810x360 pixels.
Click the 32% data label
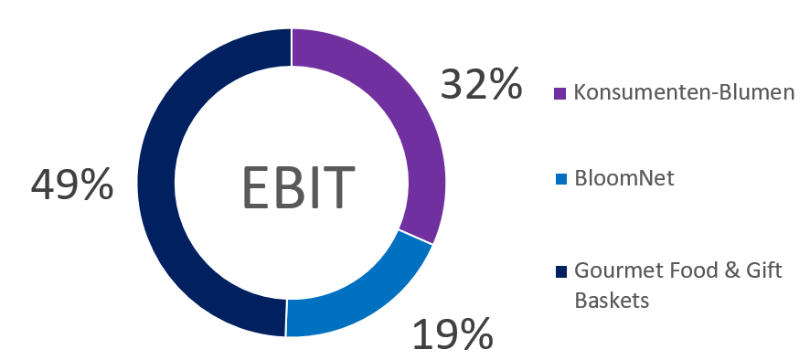(x=481, y=85)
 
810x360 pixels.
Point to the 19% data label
(x=452, y=334)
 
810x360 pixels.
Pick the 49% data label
(x=72, y=185)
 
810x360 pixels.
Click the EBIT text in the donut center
(x=297, y=185)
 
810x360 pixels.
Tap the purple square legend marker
(x=560, y=94)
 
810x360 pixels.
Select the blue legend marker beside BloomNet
(x=560, y=179)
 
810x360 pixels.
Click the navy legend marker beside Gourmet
(x=560, y=272)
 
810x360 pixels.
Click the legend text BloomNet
(x=624, y=178)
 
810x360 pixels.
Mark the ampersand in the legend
(x=727, y=271)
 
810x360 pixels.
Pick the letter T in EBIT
(x=338, y=185)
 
